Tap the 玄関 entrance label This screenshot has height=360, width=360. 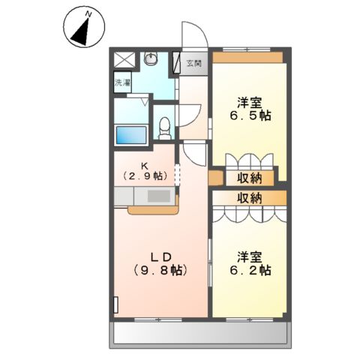click(193, 64)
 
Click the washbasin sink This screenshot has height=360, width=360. click(151, 59)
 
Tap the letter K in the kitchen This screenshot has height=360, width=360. click(148, 165)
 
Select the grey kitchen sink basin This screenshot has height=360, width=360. click(158, 196)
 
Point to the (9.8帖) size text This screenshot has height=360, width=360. click(160, 270)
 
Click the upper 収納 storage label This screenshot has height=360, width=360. click(250, 178)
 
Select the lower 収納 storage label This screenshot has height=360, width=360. click(250, 198)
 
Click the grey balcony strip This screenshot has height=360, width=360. click(202, 333)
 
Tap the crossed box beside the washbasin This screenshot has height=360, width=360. click(125, 60)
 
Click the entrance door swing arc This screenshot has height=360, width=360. click(195, 37)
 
